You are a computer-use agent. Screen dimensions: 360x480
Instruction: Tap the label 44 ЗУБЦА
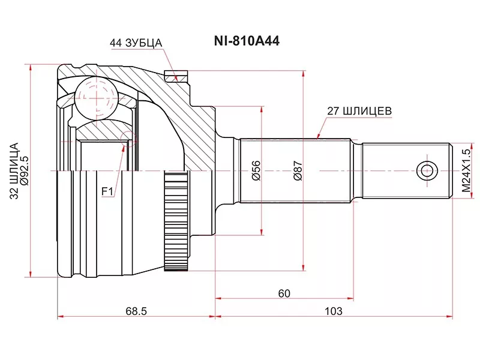(x=136, y=43)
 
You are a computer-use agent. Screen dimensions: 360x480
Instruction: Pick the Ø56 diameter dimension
(x=256, y=171)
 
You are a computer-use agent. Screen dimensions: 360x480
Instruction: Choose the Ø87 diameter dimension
(x=297, y=171)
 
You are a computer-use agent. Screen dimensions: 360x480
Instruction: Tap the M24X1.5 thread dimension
(x=466, y=171)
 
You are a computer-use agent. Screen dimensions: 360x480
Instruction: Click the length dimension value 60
(x=284, y=293)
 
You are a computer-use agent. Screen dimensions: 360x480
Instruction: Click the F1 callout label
(x=107, y=191)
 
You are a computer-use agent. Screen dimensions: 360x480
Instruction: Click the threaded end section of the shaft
(x=406, y=170)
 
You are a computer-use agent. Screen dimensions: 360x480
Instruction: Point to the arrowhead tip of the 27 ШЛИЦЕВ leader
(x=317, y=138)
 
